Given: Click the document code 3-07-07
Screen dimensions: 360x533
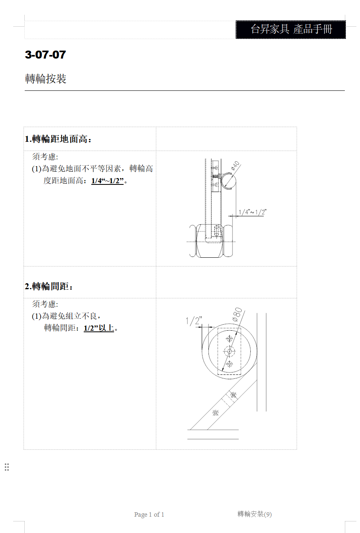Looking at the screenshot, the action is tap(45, 55).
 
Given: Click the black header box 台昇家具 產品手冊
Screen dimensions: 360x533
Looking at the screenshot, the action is tap(291, 29).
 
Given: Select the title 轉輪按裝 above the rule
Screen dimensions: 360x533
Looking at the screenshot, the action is tap(45, 78).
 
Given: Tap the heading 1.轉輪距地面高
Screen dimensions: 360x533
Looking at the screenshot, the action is tap(58, 139).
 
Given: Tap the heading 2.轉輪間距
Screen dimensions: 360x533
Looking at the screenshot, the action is tap(49, 286).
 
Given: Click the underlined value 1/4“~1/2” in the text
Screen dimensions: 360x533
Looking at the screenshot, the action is tap(108, 181).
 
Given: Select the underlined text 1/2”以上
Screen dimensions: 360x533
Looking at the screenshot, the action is tap(99, 328).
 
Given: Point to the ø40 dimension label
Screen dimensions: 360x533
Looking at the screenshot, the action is tap(235, 166).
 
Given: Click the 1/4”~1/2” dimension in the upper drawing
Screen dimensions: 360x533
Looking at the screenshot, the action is tap(253, 212).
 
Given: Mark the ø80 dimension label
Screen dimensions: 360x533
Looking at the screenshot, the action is tap(237, 315).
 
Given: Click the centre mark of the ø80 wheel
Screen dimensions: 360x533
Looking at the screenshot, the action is tap(230, 351).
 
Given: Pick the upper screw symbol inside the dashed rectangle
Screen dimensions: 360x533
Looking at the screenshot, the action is tap(230, 338).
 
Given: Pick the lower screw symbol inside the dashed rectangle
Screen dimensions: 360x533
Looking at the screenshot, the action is tap(230, 364).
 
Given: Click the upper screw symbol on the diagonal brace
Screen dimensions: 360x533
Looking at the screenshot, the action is tap(234, 395).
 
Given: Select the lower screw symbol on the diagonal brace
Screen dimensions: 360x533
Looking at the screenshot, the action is tap(215, 413).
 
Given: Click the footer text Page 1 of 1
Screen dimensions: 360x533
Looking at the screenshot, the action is tap(149, 515).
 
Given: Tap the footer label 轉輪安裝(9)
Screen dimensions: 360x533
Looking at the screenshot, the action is tap(254, 514).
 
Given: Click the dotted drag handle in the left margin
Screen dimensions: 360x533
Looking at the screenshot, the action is tap(7, 467).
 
